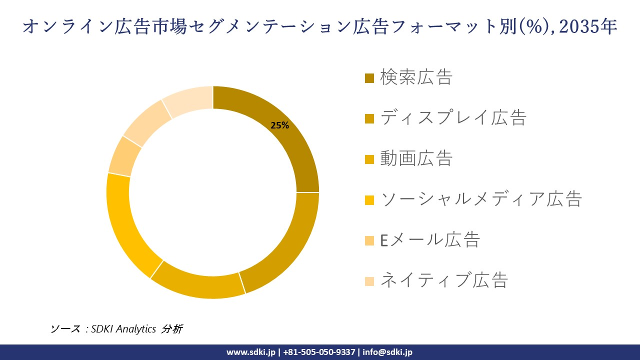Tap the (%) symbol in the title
(531, 27)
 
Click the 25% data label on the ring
(280, 125)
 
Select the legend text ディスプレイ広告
(453, 118)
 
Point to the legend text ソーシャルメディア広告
(481, 199)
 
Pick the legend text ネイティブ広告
(444, 280)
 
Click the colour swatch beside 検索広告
(369, 78)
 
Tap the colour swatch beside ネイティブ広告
(369, 281)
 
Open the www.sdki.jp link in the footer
(250, 352)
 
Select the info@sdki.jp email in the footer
(387, 352)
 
